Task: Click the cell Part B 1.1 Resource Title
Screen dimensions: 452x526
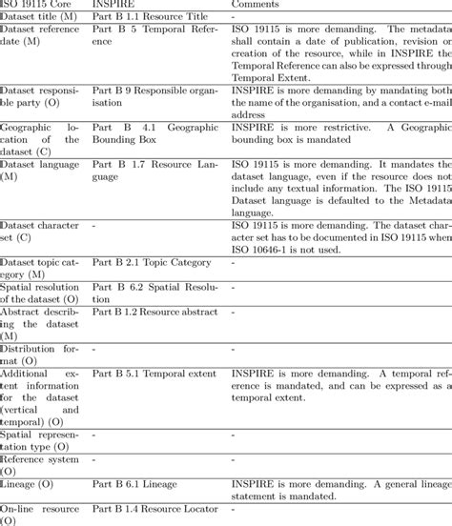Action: click(x=152, y=17)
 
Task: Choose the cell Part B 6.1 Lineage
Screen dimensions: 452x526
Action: click(x=135, y=484)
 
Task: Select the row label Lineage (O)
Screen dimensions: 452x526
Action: click(x=31, y=484)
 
